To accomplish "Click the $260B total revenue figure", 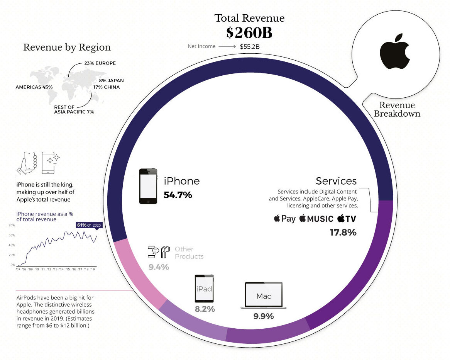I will pyautogui.click(x=249, y=33).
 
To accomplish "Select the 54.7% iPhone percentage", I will pyautogui.click(x=178, y=195).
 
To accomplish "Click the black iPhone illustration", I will pyautogui.click(x=148, y=186).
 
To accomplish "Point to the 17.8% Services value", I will pyautogui.click(x=343, y=233).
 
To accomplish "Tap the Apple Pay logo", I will pyautogui.click(x=285, y=219).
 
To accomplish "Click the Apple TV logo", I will pyautogui.click(x=347, y=219).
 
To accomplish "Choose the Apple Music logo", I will pyautogui.click(x=316, y=219).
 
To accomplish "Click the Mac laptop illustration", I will pyautogui.click(x=264, y=296).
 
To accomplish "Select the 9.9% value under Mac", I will pyautogui.click(x=264, y=316).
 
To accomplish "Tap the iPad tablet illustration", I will pyautogui.click(x=204, y=289).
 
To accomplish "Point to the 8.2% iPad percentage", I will pyautogui.click(x=205, y=309).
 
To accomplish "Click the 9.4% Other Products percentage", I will pyautogui.click(x=159, y=267).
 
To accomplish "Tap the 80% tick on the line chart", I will pyautogui.click(x=12, y=225).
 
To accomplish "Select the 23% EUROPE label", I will pyautogui.click(x=100, y=63).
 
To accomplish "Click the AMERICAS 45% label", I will pyautogui.click(x=34, y=87).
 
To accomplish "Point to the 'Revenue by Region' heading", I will pyautogui.click(x=67, y=48).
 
